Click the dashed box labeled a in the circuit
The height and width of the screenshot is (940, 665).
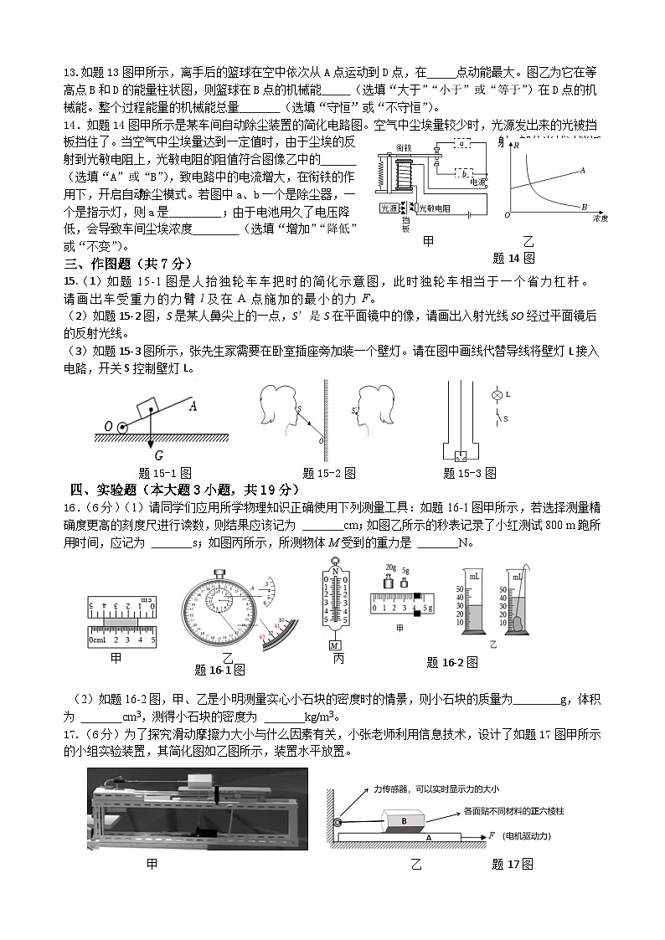coord(462,144)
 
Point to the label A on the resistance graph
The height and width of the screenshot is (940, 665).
coord(582,170)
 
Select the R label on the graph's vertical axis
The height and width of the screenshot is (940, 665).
coord(517,146)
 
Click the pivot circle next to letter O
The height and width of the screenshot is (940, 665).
coord(122,427)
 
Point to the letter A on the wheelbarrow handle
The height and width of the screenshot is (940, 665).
coord(193,407)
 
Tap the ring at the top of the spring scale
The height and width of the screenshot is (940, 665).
coord(335,563)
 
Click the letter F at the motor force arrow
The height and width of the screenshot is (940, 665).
coord(492,835)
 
